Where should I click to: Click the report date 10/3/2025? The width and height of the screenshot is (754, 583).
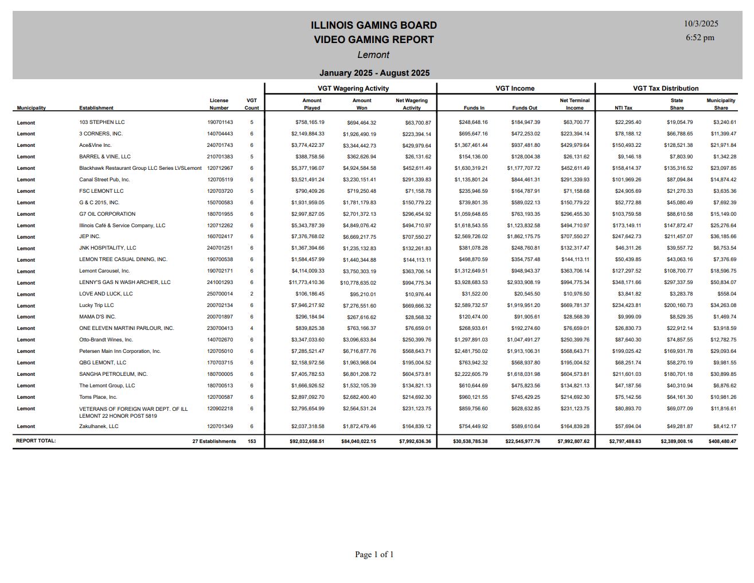[701, 24]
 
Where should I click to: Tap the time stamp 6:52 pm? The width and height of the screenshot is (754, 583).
[700, 37]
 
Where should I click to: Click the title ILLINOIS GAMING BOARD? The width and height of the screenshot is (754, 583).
[373, 25]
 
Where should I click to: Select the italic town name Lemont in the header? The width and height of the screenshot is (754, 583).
[373, 55]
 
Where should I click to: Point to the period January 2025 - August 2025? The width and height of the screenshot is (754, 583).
[374, 73]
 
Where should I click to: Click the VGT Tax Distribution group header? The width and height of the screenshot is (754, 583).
[665, 88]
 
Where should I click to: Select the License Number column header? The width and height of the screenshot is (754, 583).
[219, 104]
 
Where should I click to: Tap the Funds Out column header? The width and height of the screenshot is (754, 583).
[525, 108]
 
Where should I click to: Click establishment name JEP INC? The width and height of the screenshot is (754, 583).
[89, 236]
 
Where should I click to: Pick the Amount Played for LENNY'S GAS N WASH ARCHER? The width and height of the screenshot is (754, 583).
[306, 282]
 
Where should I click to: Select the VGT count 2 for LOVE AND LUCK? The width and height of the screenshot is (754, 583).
[252, 294]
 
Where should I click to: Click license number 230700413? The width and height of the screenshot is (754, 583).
[220, 328]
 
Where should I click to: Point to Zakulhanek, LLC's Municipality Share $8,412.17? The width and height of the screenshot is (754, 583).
[723, 426]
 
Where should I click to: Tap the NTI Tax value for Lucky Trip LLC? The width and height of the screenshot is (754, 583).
[628, 305]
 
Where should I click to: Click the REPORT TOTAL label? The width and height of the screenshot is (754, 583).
[36, 441]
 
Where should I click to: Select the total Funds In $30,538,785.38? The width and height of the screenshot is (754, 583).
[470, 441]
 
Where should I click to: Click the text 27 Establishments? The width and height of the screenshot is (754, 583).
[214, 441]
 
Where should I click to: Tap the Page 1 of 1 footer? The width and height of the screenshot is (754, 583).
[374, 554]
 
